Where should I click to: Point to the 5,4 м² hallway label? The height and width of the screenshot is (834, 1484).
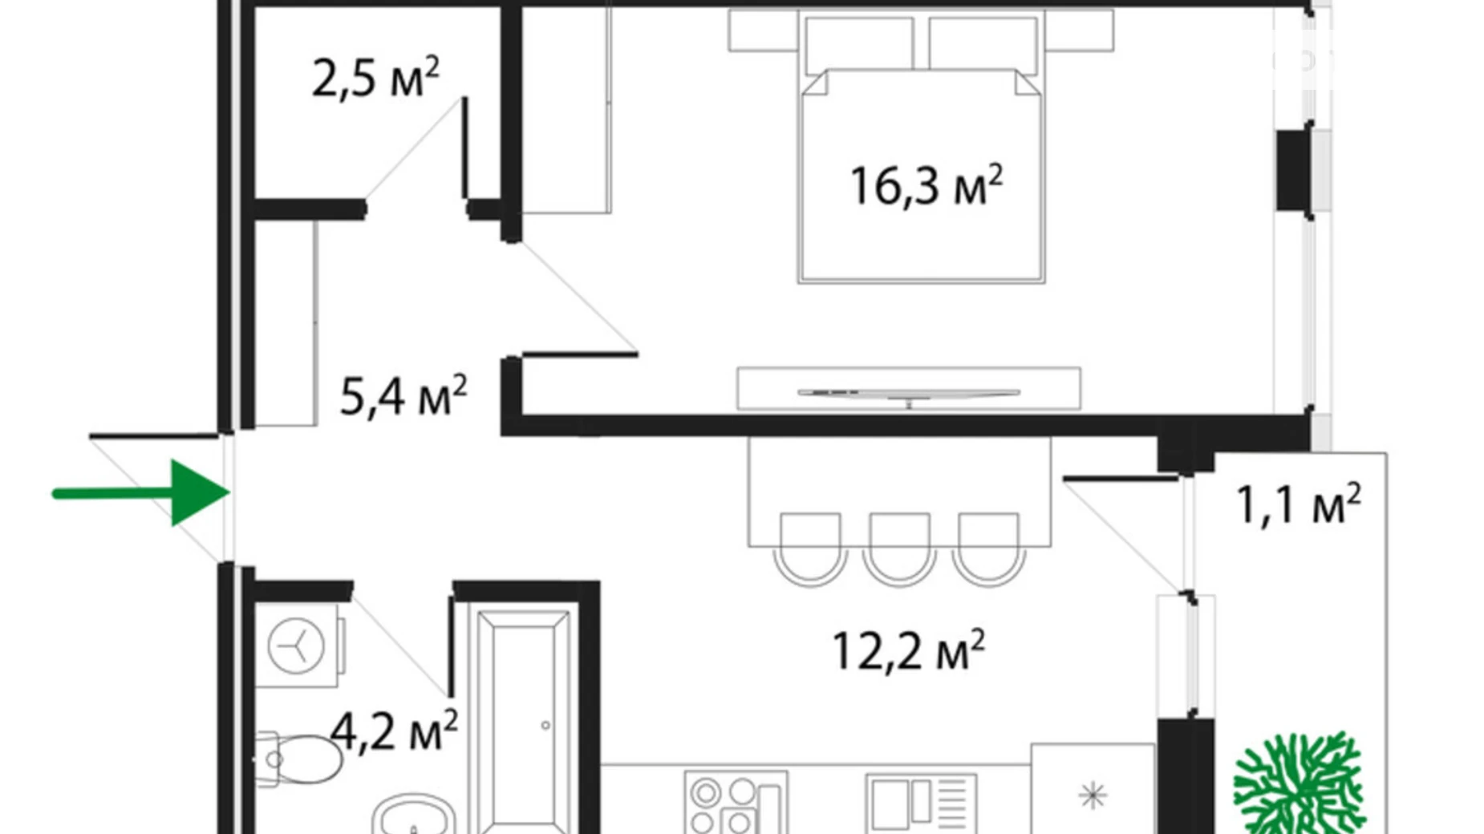(x=403, y=396)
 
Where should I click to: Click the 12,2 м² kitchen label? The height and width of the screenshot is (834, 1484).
(x=907, y=650)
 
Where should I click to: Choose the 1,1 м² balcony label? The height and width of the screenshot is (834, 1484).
(x=1298, y=505)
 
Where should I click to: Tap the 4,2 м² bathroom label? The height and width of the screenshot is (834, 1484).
(x=394, y=731)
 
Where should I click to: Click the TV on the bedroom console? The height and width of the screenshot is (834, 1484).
(x=908, y=393)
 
